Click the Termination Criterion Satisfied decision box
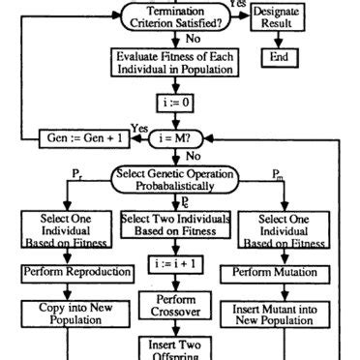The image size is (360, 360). (x=176, y=17)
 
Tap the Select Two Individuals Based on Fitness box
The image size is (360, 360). (x=176, y=226)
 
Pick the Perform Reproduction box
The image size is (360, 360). (x=64, y=274)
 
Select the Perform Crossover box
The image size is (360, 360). (x=176, y=307)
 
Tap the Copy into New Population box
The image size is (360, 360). (x=64, y=315)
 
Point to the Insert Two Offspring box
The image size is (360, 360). (x=176, y=349)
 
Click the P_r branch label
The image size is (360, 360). (x=77, y=172)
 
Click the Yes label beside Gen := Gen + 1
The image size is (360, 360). (x=137, y=128)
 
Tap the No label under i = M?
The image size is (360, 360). (x=193, y=155)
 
